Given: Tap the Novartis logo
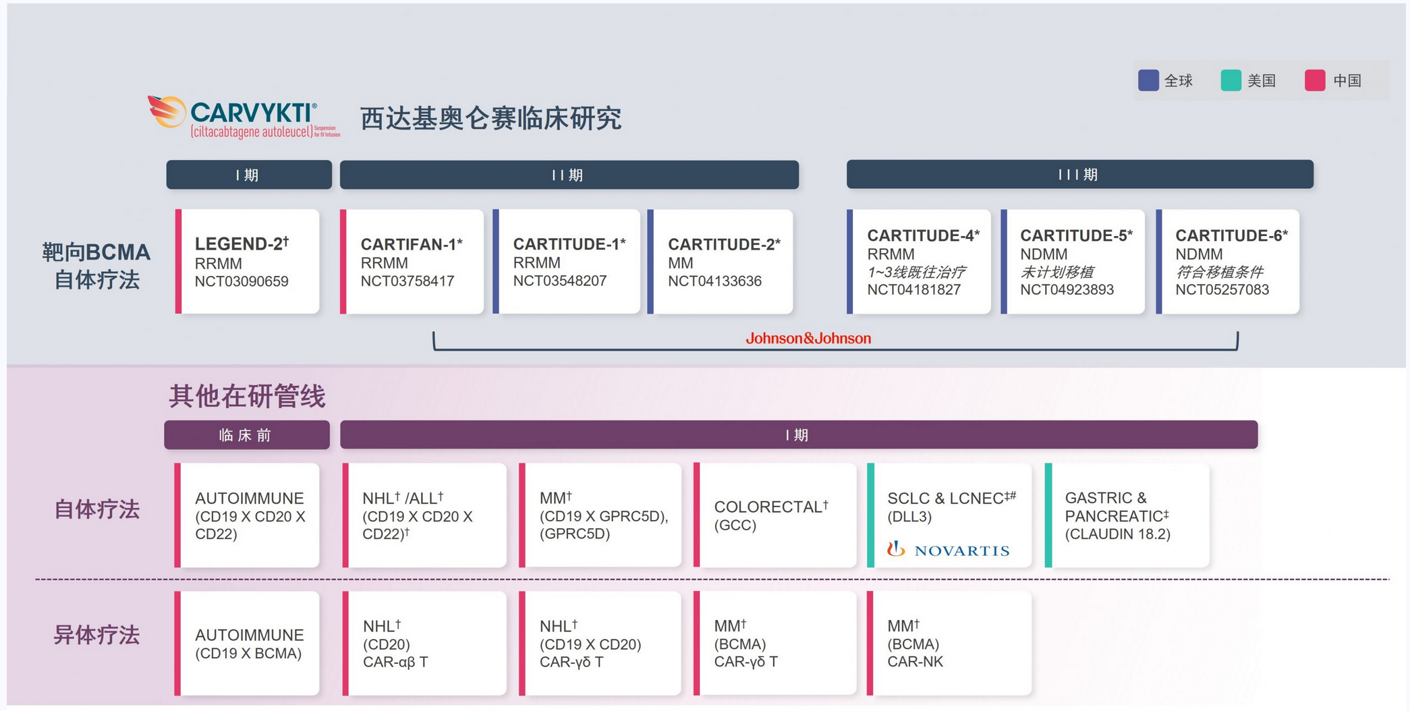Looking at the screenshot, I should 949,550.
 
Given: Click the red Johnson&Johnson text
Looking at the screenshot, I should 808,338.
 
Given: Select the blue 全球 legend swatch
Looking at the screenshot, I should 1148,80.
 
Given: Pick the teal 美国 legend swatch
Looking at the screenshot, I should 1231,80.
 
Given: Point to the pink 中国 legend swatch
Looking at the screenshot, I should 1314,80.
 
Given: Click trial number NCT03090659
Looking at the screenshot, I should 242,281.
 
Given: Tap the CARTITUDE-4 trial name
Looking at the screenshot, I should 922,235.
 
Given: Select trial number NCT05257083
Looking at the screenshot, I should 1222,289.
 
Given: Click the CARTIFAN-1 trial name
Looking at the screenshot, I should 411,244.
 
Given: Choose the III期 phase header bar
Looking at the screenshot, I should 1079,175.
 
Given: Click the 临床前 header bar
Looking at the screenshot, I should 246,435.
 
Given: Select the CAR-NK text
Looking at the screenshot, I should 915,662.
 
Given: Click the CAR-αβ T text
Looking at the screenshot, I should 395,662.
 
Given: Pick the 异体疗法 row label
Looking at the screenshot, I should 96,635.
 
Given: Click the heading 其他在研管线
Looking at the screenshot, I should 247,396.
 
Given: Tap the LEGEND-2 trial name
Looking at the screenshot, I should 241,244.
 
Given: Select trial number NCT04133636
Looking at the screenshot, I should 714,281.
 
